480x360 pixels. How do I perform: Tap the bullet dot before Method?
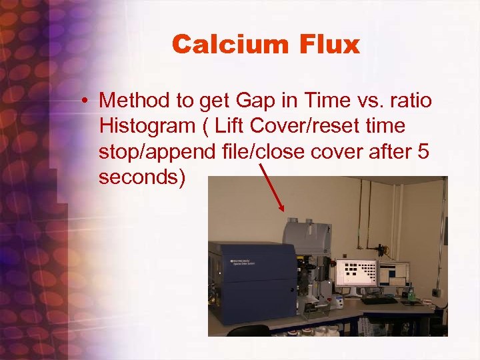(86, 101)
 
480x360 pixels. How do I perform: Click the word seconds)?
(141, 177)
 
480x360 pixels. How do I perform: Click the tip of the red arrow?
(283, 211)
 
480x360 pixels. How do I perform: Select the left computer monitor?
(356, 273)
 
